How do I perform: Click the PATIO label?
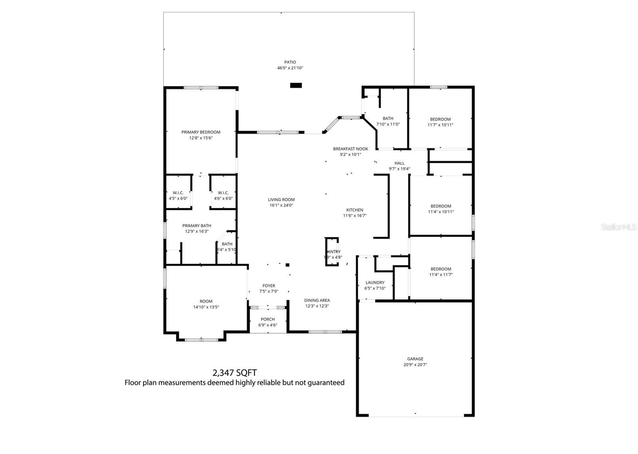(290, 62)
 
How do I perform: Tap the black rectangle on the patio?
(296, 85)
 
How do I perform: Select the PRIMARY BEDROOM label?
(201, 132)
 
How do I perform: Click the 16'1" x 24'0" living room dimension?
(281, 205)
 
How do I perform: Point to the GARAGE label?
(415, 359)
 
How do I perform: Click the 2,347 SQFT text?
(234, 373)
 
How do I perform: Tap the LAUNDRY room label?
(375, 283)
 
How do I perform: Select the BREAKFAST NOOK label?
(351, 149)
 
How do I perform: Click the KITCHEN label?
(354, 210)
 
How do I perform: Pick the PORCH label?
(268, 319)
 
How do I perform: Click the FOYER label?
(269, 286)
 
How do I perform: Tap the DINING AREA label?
(317, 301)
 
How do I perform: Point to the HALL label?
(399, 163)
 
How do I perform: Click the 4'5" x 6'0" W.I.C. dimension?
(178, 198)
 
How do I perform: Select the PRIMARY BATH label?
(197, 226)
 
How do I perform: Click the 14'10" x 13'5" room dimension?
(206, 307)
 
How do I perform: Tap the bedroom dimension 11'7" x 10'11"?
(440, 125)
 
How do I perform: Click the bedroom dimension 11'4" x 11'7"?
(441, 275)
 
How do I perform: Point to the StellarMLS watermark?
(618, 227)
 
